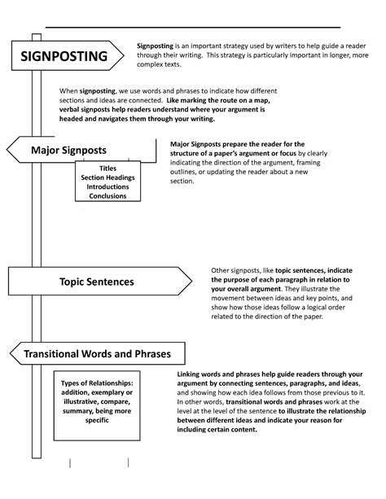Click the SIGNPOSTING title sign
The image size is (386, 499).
tap(64, 56)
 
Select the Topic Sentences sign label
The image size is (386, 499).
tap(97, 282)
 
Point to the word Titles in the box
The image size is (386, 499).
tap(108, 168)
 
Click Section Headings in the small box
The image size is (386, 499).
tap(108, 177)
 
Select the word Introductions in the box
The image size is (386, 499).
tap(108, 186)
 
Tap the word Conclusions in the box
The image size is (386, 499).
tap(108, 196)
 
